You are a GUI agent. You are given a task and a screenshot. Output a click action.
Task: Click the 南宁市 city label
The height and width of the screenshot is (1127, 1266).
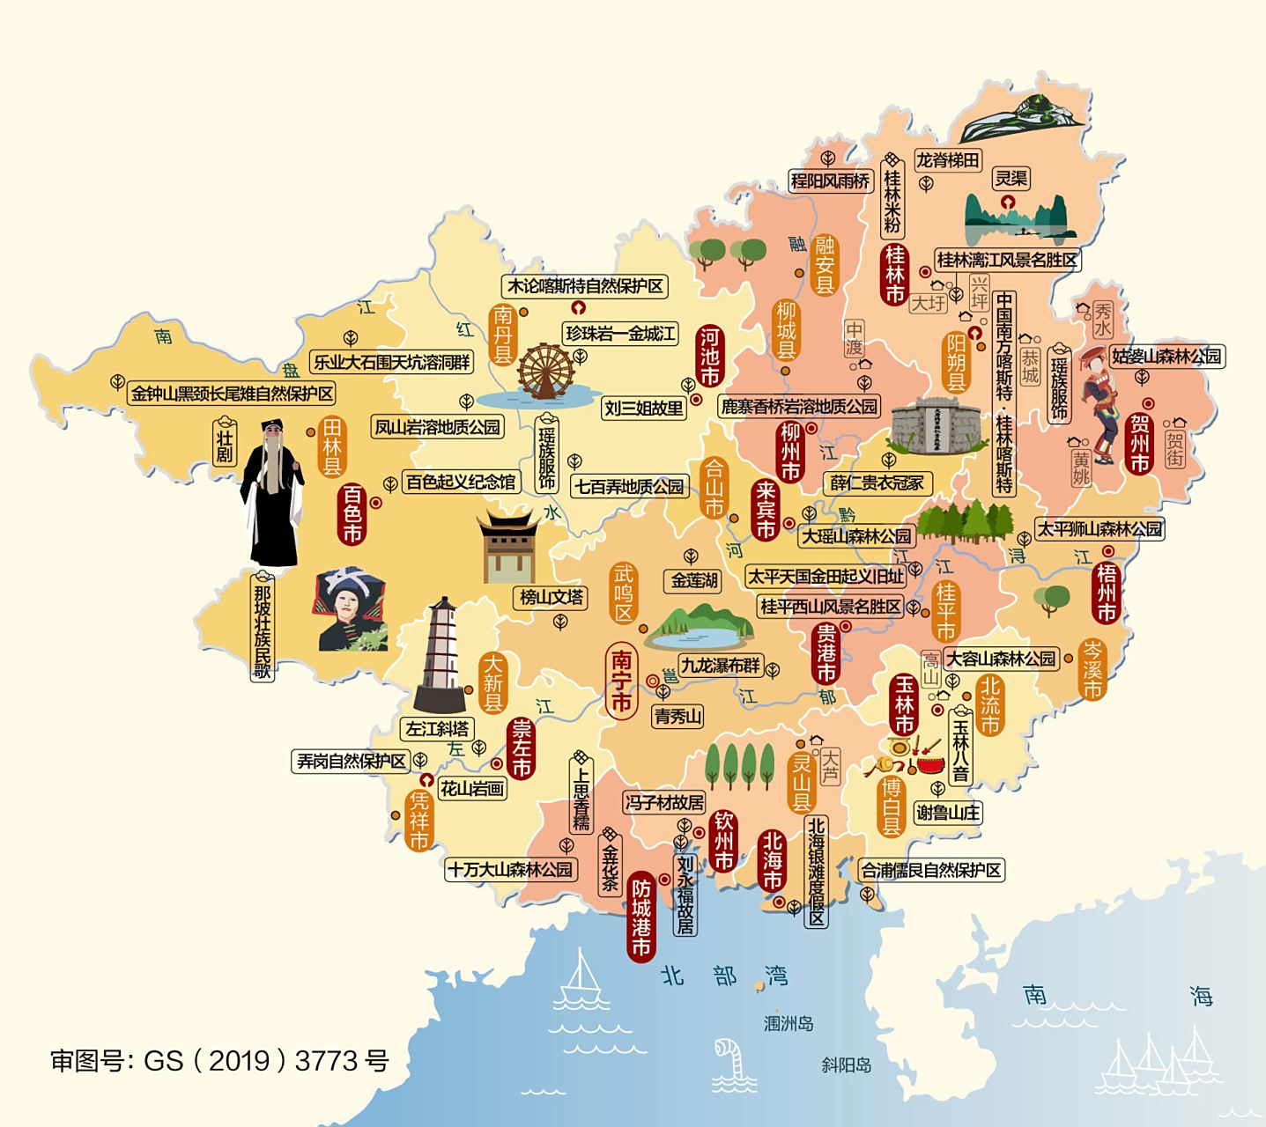click(622, 681)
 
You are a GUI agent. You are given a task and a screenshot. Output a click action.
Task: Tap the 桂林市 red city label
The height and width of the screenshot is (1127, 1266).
click(895, 274)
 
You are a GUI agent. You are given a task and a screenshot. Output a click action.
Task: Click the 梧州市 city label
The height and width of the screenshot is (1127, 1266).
click(1107, 593)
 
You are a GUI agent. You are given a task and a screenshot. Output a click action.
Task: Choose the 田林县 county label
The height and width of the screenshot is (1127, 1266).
click(332, 446)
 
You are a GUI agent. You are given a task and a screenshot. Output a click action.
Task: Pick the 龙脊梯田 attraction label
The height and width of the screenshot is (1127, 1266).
click(947, 159)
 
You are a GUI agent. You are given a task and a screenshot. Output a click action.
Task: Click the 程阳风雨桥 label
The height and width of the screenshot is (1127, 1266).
click(830, 181)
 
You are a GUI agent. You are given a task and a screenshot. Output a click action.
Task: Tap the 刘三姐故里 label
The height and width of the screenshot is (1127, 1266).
click(644, 408)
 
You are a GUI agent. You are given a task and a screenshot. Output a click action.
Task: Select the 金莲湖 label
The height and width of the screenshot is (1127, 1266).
click(694, 580)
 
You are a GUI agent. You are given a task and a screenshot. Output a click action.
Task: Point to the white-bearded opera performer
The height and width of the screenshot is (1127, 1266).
click(272, 493)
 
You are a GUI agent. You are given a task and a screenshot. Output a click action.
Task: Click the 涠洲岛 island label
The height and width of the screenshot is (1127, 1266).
click(788, 1023)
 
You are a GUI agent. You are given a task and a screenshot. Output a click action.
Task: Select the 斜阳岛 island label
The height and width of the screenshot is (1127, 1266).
click(846, 1064)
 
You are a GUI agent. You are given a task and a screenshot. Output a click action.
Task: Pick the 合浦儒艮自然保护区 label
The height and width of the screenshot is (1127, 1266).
click(931, 870)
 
